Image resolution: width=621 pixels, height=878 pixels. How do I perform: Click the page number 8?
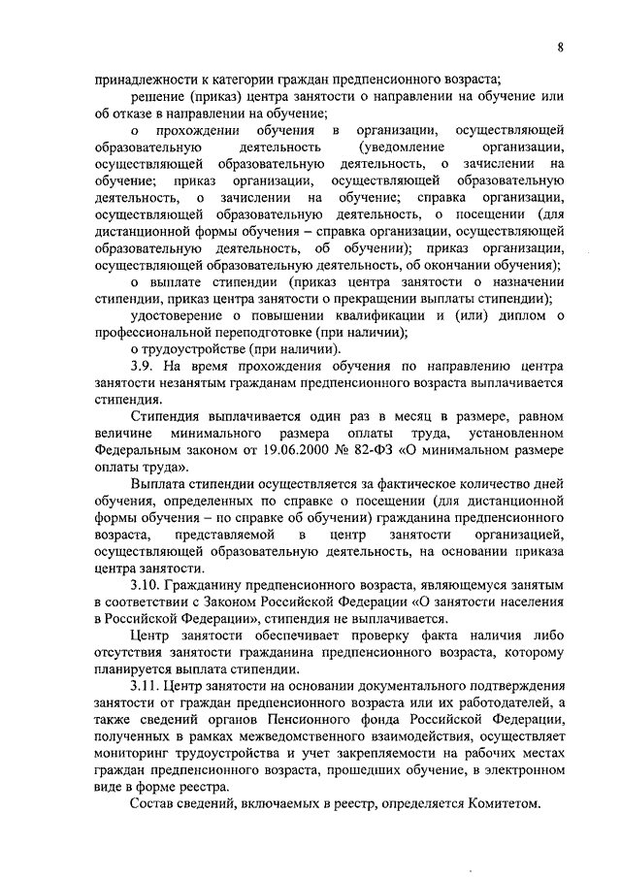pos(562,45)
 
